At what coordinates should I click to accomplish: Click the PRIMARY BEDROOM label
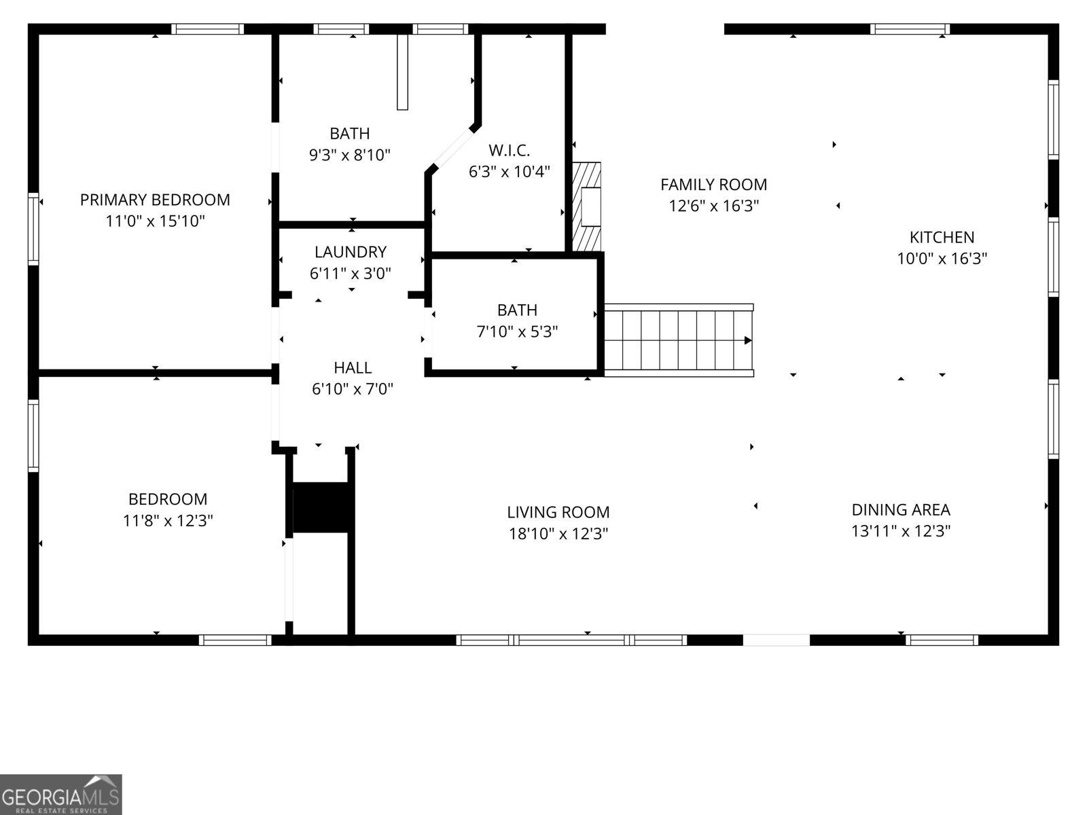coord(155,200)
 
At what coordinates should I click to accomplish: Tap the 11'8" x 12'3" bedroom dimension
coord(168,520)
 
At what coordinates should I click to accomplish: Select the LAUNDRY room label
coord(351,252)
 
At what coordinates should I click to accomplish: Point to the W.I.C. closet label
coord(509,150)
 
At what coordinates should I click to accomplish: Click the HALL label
coord(353,367)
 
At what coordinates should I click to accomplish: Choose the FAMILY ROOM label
coord(713,185)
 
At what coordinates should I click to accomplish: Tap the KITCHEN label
coord(942,238)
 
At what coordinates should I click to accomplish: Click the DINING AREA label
coord(901,509)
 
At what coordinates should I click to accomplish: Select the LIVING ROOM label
coord(558,512)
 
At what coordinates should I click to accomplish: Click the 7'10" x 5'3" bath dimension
coord(517,331)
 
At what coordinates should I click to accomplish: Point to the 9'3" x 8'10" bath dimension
coord(350,156)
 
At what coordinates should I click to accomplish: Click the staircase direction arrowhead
coord(748,340)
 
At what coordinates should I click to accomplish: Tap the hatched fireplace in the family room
coord(587,207)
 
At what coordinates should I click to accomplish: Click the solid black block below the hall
coord(321,507)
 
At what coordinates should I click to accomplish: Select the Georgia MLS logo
coord(61,794)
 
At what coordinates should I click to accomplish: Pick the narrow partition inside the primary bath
coord(403,72)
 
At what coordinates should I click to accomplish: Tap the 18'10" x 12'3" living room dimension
coord(558,534)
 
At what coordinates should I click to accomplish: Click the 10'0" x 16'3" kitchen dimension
coord(942,259)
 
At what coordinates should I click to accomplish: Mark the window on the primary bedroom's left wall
coord(33,229)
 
